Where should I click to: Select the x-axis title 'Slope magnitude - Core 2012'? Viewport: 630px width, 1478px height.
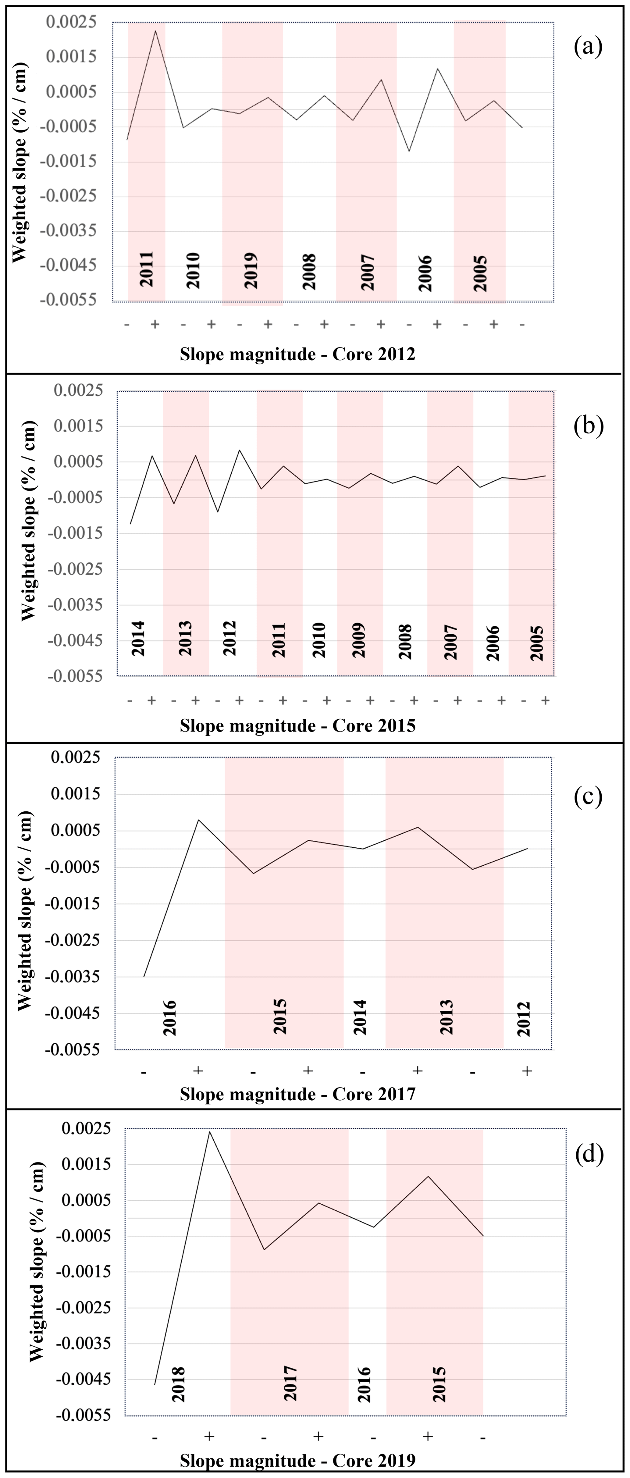(x=297, y=354)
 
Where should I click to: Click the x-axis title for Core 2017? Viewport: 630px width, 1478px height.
(x=297, y=1094)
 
